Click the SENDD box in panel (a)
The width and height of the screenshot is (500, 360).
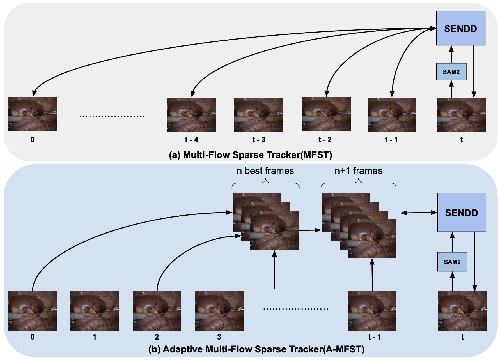(460, 28)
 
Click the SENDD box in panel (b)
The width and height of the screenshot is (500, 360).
(462, 213)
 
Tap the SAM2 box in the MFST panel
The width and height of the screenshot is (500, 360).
(451, 72)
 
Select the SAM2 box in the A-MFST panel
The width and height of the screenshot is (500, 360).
(452, 262)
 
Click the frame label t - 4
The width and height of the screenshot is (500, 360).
(192, 140)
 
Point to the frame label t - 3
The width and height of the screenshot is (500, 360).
(259, 140)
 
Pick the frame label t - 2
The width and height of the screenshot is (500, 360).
(325, 140)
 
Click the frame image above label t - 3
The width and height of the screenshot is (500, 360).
(258, 115)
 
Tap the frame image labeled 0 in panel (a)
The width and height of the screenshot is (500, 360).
(33, 114)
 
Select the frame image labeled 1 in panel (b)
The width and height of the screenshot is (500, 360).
(95, 311)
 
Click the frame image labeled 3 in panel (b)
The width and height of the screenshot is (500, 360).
(219, 311)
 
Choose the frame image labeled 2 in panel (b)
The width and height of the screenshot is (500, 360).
(157, 311)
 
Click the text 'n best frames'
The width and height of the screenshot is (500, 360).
(265, 171)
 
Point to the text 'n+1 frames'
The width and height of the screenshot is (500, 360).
(358, 171)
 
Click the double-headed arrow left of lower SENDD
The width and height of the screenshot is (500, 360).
(418, 213)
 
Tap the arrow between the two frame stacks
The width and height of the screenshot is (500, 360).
(310, 230)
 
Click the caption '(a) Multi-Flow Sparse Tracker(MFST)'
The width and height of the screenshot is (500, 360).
(250, 155)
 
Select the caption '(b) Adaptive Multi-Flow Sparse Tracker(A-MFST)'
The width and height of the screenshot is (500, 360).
(256, 349)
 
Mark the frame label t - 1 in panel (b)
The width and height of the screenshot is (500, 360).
(374, 337)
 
